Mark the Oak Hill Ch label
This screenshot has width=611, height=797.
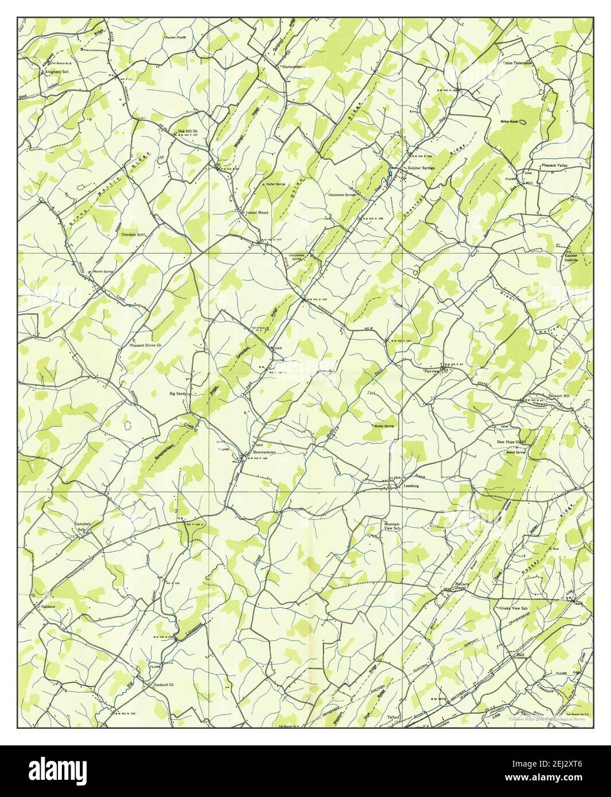point(187,131)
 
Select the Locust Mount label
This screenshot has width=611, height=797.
point(256,212)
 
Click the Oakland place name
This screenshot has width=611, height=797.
point(47,606)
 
